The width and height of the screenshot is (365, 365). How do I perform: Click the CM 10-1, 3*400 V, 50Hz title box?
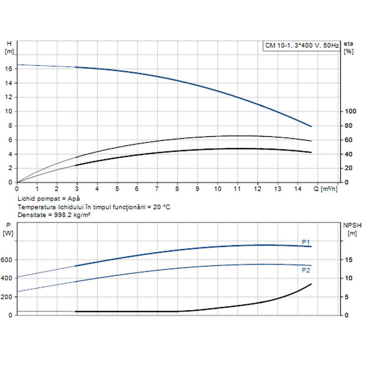pyautogui.click(x=302, y=45)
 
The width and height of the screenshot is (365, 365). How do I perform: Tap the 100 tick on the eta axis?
pyautogui.click(x=349, y=111)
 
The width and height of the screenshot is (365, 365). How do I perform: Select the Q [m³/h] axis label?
pyautogui.click(x=326, y=188)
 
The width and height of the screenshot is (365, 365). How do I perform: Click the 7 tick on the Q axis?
pyautogui.click(x=157, y=188)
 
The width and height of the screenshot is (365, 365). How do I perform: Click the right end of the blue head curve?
pyautogui.click(x=311, y=126)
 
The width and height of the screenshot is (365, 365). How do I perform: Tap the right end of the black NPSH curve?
pyautogui.click(x=311, y=284)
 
